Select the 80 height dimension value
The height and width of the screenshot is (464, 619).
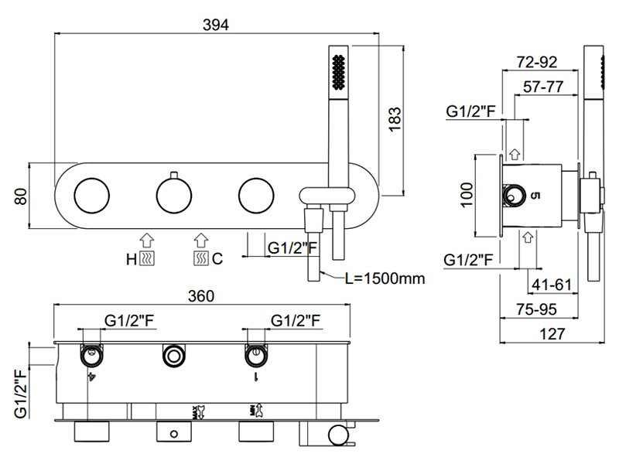[x=21, y=196]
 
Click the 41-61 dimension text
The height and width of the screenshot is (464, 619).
[x=551, y=285]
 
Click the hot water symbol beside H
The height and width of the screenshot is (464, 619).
[x=148, y=259]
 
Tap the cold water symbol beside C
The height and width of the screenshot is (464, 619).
[x=201, y=259]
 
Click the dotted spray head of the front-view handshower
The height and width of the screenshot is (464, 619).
[x=338, y=74]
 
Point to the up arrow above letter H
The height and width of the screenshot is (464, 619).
[x=147, y=240]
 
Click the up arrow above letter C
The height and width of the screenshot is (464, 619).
[x=201, y=240]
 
